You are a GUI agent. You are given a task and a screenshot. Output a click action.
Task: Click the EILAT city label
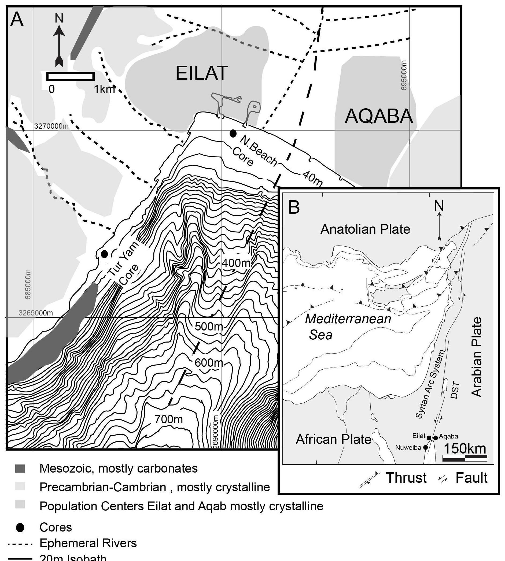(202, 73)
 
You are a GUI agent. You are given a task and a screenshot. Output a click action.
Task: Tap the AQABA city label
(378, 116)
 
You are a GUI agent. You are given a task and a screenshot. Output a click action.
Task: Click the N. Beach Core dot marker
(233, 134)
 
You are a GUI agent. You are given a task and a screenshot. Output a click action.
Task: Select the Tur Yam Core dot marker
(104, 254)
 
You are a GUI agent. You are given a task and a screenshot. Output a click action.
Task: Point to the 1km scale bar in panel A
(71, 76)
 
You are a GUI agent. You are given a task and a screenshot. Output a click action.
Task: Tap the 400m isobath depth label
(236, 263)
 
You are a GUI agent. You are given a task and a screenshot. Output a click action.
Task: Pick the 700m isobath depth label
(169, 419)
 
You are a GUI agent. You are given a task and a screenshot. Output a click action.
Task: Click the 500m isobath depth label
(209, 326)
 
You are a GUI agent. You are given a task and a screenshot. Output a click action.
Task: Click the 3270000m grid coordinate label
(51, 126)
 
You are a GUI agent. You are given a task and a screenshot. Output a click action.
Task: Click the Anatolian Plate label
(365, 229)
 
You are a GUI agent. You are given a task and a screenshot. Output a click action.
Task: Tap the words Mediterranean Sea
(348, 327)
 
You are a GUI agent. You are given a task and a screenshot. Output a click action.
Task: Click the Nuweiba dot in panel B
(426, 447)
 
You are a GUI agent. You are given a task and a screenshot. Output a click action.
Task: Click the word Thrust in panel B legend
(406, 478)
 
